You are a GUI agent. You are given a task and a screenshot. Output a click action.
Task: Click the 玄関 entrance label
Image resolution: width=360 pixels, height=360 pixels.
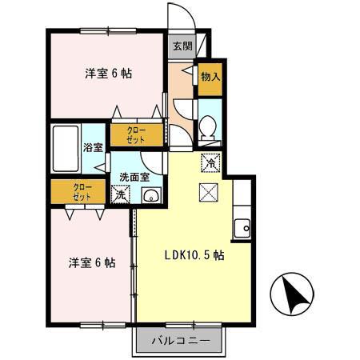coord(182,46)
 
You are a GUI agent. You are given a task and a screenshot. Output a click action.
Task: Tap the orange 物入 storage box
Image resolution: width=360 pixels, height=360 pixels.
coord(210,77)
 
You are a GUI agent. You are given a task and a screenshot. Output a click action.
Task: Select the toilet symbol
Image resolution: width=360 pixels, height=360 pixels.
coord(207,127)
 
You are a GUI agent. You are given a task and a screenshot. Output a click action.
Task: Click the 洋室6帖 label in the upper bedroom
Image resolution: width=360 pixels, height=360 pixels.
coord(109,74)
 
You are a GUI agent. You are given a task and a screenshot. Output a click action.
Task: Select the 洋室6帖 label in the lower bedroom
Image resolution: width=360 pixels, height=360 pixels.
coord(90,262)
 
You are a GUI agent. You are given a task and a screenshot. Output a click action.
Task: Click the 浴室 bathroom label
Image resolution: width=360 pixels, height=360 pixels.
coord(93,147)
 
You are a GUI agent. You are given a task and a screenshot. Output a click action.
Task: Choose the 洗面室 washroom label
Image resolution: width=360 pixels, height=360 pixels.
coord(134,177)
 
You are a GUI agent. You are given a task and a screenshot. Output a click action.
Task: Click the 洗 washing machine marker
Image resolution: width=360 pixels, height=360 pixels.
coord(120,194)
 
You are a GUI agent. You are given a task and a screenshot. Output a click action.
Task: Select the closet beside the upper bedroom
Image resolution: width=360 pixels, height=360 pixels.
coord(137,135)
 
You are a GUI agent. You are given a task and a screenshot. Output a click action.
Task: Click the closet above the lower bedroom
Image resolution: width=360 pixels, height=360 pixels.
coord(78,192)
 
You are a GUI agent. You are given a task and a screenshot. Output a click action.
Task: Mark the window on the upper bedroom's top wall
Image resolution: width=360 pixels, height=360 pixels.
coord(109,32)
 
